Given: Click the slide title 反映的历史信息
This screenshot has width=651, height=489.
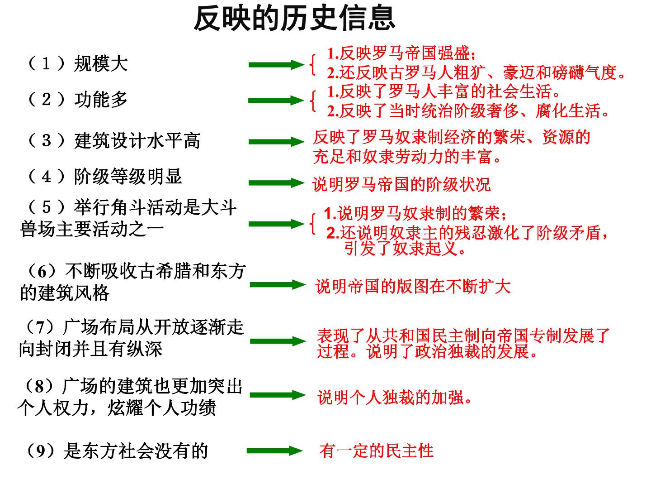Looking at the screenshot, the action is [x=294, y=19].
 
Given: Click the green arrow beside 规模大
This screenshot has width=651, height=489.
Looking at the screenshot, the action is [x=276, y=65].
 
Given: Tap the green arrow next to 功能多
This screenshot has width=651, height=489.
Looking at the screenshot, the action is [x=276, y=101].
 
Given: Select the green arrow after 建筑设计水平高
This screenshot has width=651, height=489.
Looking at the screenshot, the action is [x=276, y=142].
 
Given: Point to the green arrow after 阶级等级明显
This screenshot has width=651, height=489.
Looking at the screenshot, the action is [x=276, y=182].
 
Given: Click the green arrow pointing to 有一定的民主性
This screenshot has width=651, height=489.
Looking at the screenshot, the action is [x=274, y=451].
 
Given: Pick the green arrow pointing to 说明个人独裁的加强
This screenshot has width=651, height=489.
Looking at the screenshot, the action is [x=278, y=395].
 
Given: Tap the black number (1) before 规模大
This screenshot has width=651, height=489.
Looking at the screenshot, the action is [x=46, y=63].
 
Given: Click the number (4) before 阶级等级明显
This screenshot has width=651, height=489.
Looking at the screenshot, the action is [x=46, y=177].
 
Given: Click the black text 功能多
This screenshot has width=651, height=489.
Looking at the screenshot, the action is [x=101, y=99].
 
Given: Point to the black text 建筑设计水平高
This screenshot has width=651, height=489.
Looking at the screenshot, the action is [x=137, y=140].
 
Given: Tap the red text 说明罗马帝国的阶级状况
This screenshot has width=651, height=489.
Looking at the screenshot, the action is [x=401, y=184].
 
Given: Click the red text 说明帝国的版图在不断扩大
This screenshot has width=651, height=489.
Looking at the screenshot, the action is [x=413, y=286].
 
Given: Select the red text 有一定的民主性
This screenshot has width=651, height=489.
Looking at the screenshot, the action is [x=377, y=451].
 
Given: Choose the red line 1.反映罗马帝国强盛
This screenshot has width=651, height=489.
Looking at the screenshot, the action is [x=401, y=53].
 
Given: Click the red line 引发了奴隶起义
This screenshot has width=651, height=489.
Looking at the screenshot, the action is [x=405, y=249].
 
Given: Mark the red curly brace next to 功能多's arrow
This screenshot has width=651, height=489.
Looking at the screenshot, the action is [x=312, y=101].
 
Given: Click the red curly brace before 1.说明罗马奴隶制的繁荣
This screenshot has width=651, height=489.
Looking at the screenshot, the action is [x=312, y=224].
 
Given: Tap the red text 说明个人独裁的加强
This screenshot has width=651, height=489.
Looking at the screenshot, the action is [x=395, y=397].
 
